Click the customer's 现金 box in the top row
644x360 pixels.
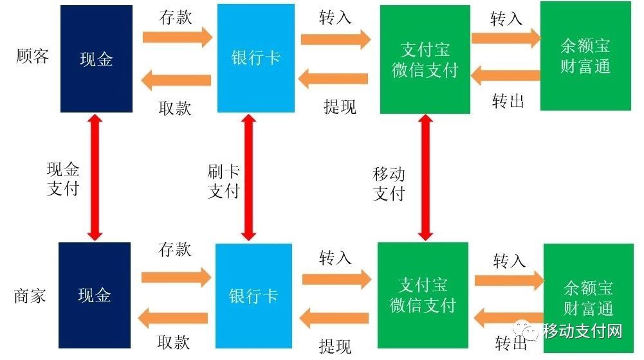coord(96,59)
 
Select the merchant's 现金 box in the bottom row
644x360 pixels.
coord(95,295)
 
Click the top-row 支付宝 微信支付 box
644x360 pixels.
coord(424,59)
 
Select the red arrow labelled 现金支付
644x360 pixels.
coord(95,177)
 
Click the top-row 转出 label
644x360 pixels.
coord(508,100)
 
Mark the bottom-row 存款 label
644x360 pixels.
coord(175,249)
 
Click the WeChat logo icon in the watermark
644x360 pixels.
coord(531,332)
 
